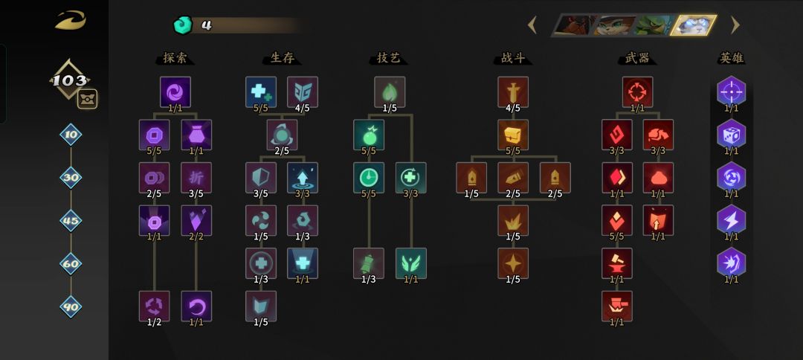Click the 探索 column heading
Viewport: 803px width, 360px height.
(x=175, y=58)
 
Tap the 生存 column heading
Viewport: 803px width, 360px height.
(x=282, y=58)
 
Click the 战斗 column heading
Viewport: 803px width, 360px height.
(x=512, y=58)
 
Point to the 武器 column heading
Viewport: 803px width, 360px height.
(x=637, y=58)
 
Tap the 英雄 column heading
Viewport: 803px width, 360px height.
(x=731, y=58)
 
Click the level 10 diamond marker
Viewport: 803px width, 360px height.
(x=71, y=135)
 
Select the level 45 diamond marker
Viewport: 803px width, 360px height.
(x=71, y=221)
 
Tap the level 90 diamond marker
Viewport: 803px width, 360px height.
(x=71, y=306)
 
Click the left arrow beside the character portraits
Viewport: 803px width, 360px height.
(x=532, y=25)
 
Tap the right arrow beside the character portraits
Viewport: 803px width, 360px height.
(x=735, y=25)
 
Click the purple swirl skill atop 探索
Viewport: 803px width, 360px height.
(x=175, y=92)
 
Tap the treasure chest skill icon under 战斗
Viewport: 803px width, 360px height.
(x=512, y=135)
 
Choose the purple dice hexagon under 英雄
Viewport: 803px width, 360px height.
(x=732, y=134)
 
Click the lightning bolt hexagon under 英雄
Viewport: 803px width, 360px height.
(x=732, y=220)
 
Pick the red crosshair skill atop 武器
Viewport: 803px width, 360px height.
(x=638, y=92)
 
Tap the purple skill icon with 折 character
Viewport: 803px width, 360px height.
(x=196, y=178)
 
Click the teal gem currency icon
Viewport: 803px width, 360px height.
(x=182, y=25)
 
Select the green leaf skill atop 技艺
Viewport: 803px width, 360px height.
(x=389, y=92)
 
